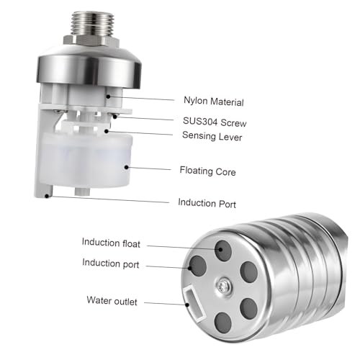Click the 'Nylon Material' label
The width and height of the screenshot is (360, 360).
[214, 102]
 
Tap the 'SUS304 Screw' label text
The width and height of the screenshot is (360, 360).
[215, 122]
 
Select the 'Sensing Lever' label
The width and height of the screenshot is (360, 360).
[212, 136]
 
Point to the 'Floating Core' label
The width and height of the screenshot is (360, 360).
[207, 171]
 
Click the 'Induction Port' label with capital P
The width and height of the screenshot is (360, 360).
[207, 203]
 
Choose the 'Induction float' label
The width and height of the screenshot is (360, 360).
[111, 243]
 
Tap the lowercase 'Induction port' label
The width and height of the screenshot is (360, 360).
[111, 264]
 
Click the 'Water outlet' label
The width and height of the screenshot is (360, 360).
[112, 301]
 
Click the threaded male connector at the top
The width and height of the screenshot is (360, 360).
[92, 23]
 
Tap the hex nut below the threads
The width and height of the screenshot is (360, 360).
[91, 40]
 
